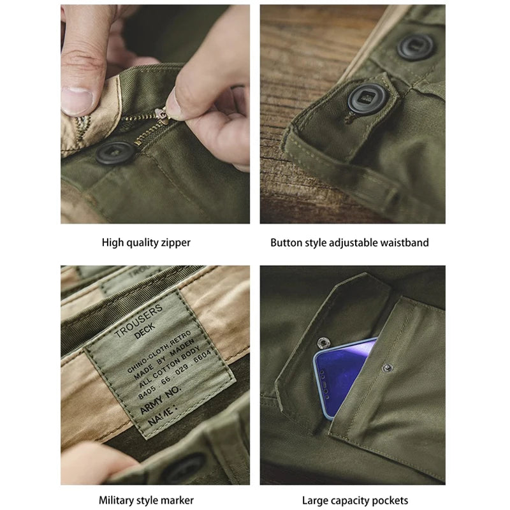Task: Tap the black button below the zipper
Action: [x=116, y=152]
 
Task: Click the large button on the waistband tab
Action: [x=368, y=99]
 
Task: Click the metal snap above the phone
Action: [x=323, y=342]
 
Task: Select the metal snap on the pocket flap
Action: [x=387, y=368]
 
